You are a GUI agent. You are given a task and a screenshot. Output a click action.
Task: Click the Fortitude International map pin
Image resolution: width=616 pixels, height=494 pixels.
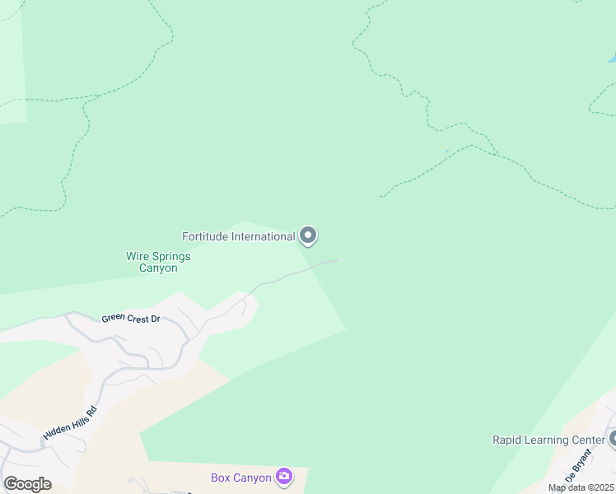pos(308,236)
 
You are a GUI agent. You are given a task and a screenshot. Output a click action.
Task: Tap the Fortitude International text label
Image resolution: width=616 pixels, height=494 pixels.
pos(238,237)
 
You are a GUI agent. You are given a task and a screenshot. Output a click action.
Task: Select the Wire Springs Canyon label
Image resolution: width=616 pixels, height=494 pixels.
pos(158,262)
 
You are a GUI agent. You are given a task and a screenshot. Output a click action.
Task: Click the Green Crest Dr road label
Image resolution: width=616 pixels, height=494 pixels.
pos(130,319)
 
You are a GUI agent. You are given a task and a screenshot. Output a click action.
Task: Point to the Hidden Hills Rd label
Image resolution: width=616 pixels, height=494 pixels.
pos(70,422)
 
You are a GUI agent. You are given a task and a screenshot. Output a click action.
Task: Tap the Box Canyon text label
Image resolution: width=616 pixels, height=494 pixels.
pos(241,478)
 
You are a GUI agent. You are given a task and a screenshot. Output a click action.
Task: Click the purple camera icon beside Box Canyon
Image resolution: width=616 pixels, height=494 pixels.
pos(283,477)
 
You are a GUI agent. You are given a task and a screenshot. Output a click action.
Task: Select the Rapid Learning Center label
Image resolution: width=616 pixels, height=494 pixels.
pos(548,440)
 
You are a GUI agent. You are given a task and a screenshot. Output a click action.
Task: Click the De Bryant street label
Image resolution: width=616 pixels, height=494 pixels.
pos(578,466)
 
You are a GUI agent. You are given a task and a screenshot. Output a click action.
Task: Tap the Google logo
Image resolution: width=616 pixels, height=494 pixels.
pos(27,484)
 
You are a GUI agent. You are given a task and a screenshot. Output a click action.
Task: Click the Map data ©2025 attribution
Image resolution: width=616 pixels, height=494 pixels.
pos(581,487)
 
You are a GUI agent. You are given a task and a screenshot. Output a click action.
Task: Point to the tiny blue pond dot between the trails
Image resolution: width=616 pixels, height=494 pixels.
pos(447,151)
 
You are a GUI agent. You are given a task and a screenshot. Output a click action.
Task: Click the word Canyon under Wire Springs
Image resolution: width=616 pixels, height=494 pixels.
pos(158,268)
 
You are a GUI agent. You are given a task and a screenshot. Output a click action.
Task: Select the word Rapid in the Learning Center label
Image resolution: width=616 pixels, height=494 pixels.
pos(506,440)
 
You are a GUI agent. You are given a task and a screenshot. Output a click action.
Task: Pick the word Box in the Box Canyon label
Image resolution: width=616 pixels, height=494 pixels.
pos(220,478)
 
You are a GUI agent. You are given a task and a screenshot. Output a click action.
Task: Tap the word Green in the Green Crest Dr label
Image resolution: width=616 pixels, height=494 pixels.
pos(114,318)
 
